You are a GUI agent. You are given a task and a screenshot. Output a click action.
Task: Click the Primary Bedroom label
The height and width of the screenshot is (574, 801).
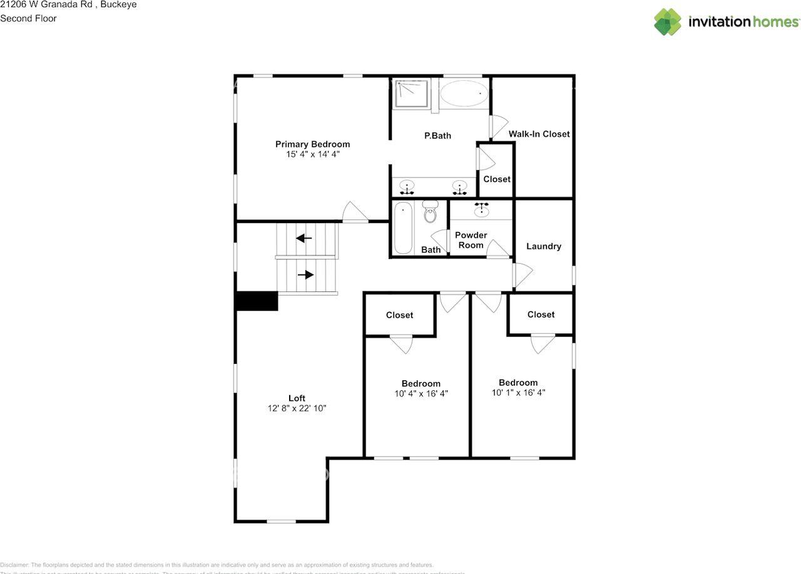(x=312, y=144)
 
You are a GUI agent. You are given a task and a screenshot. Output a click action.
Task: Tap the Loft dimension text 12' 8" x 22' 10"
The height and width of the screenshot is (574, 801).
(x=297, y=408)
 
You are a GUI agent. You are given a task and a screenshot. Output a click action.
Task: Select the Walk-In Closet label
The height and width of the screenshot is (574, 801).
(x=539, y=134)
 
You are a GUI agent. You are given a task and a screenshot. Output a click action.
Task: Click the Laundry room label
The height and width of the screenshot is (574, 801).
(x=543, y=246)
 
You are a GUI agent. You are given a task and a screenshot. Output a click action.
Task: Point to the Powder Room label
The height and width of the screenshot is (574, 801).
(x=471, y=240)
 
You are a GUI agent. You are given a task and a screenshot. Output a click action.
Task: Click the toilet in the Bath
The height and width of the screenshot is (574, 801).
(x=430, y=213)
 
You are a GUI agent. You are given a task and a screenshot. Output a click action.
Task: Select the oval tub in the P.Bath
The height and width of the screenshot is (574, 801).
(x=464, y=94)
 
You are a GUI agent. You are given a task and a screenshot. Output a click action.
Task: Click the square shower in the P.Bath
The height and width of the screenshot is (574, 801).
(x=411, y=94)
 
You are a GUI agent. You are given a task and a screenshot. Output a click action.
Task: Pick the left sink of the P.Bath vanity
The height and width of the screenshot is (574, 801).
(x=407, y=186)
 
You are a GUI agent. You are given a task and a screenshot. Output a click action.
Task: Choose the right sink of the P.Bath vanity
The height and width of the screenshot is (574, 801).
(x=459, y=186)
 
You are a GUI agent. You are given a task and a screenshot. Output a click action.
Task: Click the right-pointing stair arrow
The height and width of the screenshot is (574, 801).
(x=305, y=274)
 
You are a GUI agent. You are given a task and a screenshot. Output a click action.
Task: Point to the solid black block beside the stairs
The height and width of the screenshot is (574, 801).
(x=257, y=301)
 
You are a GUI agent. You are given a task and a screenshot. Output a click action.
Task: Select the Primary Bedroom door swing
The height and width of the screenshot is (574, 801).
(x=355, y=213)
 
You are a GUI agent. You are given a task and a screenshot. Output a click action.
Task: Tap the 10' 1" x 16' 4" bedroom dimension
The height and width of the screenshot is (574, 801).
(x=518, y=393)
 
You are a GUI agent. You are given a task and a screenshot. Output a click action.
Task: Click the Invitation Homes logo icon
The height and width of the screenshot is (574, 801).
(x=667, y=22)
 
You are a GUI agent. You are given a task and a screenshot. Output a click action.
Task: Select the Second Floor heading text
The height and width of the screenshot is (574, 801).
(x=28, y=18)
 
